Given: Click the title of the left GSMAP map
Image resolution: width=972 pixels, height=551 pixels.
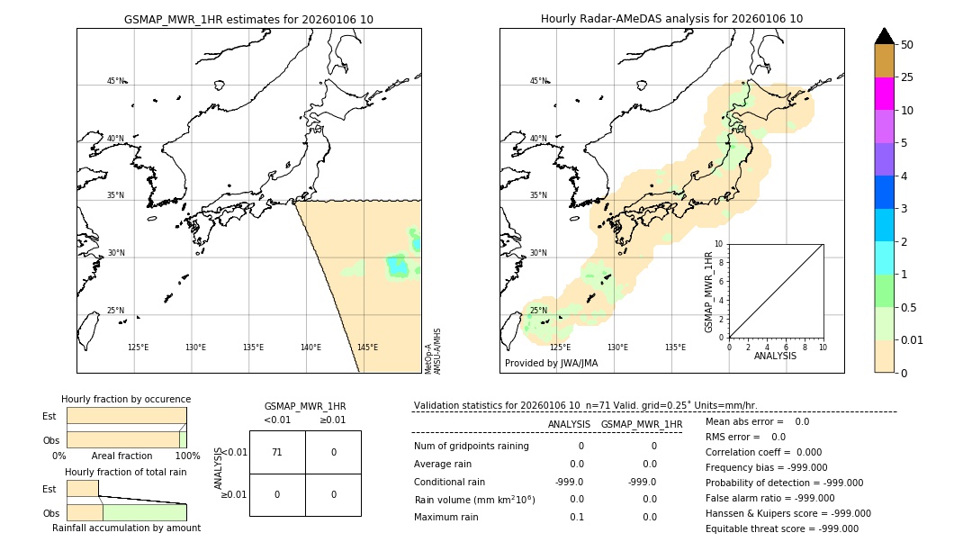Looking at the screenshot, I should pos(248,19).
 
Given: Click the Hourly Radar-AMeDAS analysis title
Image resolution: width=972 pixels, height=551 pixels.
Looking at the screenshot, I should pos(671,19).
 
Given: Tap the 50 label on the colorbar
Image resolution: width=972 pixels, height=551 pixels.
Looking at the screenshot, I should pos(907,45).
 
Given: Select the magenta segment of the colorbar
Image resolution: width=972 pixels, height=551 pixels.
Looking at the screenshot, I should pos(884,94).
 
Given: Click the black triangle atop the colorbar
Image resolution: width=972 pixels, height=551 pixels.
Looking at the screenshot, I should pos(884,36).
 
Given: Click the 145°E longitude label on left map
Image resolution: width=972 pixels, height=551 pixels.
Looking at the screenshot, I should pos(367,348).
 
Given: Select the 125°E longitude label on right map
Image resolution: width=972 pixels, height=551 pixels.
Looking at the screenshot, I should pos(560,348).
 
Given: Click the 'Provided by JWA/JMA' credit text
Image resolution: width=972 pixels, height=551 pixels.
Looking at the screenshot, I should pos(551,364).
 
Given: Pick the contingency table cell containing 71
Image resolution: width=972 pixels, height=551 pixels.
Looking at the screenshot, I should pos(277,452).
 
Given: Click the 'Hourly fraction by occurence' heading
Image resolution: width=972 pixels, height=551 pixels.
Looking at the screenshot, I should pos(126,399).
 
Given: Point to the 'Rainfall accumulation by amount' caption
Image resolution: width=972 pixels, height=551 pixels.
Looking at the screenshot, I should pos(126,528).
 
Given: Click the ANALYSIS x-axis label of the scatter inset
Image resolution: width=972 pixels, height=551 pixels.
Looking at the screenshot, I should pos(775,356).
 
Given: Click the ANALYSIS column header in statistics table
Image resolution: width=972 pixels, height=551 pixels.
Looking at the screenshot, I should pos(569,424).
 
